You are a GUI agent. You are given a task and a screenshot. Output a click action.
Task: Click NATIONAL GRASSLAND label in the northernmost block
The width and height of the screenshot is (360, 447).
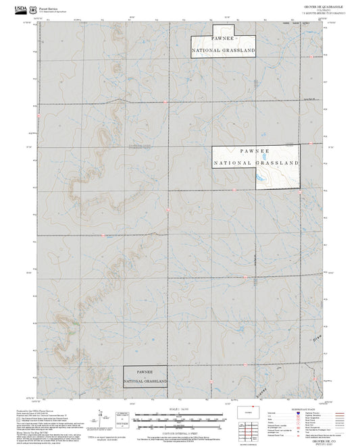224,51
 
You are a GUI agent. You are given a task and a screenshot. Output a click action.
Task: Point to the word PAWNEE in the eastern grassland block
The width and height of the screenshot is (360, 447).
255,152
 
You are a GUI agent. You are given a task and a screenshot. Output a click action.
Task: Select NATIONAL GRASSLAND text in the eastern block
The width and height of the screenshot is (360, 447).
256,163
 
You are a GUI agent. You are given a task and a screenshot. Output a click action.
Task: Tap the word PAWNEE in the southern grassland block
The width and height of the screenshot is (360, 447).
145,371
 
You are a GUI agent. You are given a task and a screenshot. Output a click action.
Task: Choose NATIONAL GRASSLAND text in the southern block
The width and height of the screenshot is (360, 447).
145,382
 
